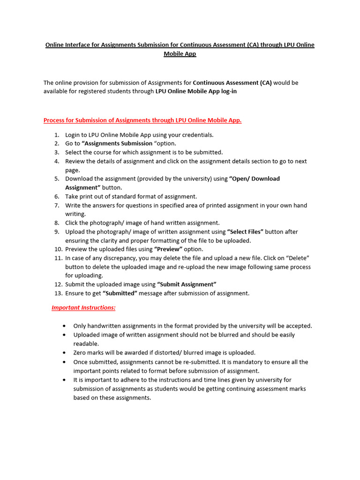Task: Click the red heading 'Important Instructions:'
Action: point(83,308)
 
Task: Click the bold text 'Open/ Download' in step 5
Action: point(255,179)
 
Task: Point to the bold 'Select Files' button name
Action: point(245,232)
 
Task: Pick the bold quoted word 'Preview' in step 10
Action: point(169,249)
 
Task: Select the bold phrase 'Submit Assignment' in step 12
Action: point(187,285)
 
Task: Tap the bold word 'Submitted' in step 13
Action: point(120,293)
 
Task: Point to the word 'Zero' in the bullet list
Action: point(80,352)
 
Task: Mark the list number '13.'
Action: point(58,293)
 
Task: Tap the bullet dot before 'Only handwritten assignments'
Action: point(64,326)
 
